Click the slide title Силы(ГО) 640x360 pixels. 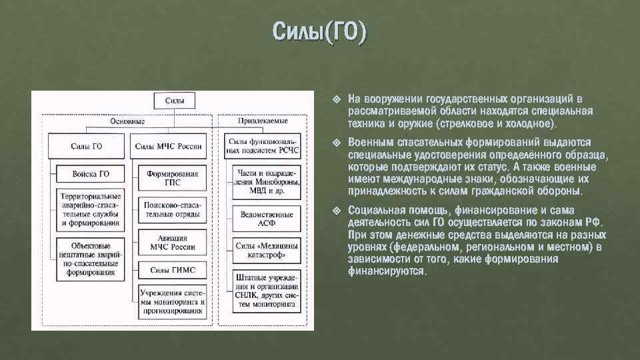tap(319, 32)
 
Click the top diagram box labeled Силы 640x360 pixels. tap(175, 101)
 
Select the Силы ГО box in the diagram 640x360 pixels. tap(87, 146)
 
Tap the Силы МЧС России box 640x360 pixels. tap(168, 146)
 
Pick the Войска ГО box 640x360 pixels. tap(91, 174)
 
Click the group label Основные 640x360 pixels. tap(127, 121)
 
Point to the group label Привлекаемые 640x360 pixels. tap(263, 121)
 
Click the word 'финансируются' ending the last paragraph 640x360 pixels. tap(386, 272)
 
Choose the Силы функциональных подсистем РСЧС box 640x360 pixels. tap(263, 146)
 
